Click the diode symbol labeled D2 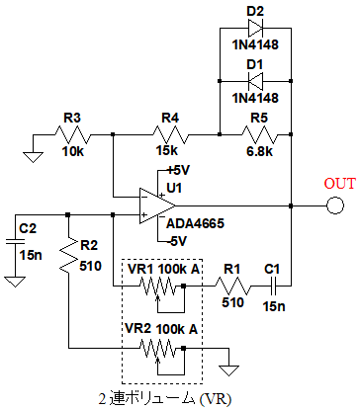[x=255, y=28]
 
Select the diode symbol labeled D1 [x=255, y=81]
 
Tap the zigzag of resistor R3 [x=72, y=134]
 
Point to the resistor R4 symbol [x=170, y=134]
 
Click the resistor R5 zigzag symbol [x=260, y=134]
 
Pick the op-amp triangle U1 [x=157, y=206]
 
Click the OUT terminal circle [x=335, y=205]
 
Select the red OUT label [x=340, y=184]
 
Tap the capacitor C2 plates [x=15, y=242]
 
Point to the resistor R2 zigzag [x=68, y=255]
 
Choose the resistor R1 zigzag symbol [x=232, y=286]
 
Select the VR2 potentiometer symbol [x=161, y=357]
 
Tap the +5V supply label [x=178, y=170]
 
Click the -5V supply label [x=177, y=241]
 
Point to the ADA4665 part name [x=195, y=223]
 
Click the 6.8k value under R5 [x=260, y=151]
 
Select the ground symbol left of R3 [x=33, y=157]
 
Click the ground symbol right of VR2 [x=228, y=370]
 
